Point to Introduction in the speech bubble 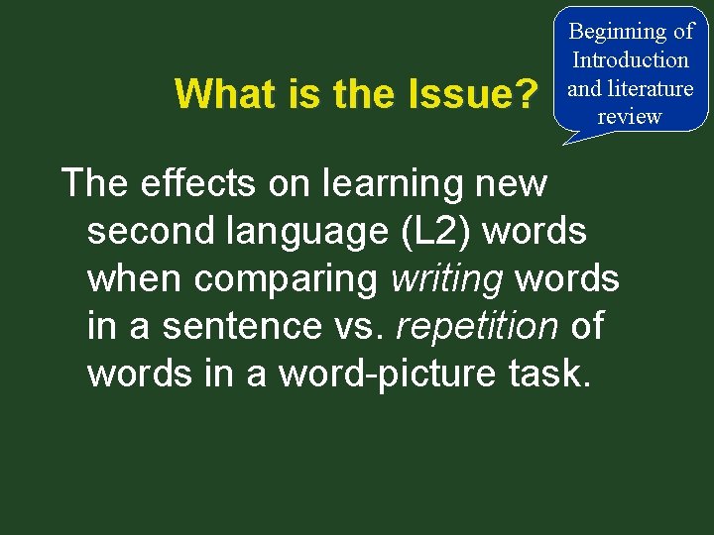(x=631, y=59)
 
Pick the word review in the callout (x=630, y=116)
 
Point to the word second (x=149, y=231)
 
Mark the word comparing (x=287, y=278)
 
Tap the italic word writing (x=447, y=278)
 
